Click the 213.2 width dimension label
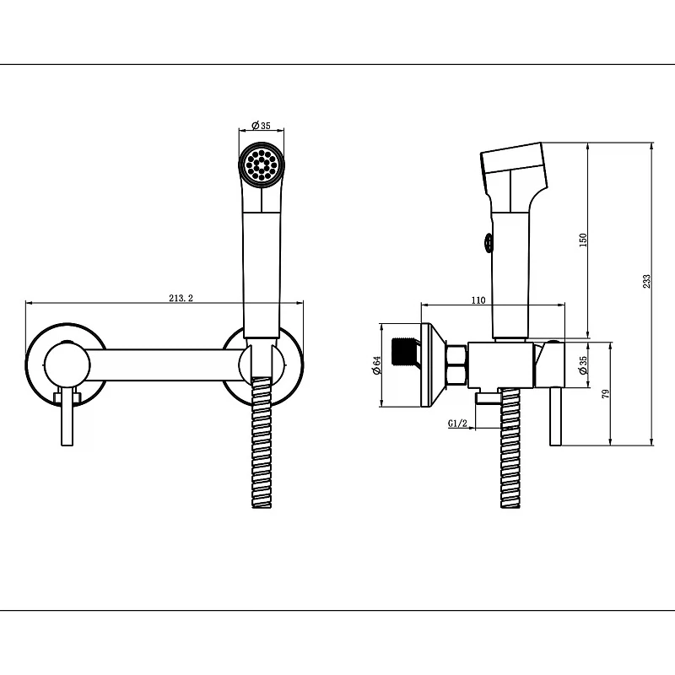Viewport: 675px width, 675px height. pyautogui.click(x=181, y=298)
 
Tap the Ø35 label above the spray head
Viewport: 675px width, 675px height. pyautogui.click(x=262, y=125)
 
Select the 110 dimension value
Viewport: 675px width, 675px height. pyautogui.click(x=478, y=300)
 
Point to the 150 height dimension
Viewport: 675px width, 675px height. pyautogui.click(x=583, y=240)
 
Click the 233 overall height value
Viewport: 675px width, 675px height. pyautogui.click(x=646, y=281)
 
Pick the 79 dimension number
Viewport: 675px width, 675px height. pyautogui.click(x=606, y=393)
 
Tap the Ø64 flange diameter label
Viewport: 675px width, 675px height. pyautogui.click(x=376, y=365)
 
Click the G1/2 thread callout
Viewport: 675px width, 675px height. pyautogui.click(x=457, y=424)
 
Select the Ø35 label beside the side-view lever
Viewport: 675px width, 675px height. pyautogui.click(x=583, y=364)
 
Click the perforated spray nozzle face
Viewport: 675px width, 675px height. pyautogui.click(x=262, y=165)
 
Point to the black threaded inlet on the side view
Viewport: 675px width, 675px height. pyautogui.click(x=404, y=353)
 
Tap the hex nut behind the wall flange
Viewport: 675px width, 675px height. pyautogui.click(x=457, y=364)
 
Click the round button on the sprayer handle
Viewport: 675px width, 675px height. pyautogui.click(x=489, y=243)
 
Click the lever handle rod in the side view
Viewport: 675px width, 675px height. pyautogui.click(x=555, y=416)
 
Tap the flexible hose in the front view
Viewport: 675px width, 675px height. pyautogui.click(x=262, y=443)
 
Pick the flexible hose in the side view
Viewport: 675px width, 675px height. pyautogui.click(x=510, y=448)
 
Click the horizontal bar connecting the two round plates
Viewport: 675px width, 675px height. pyautogui.click(x=165, y=365)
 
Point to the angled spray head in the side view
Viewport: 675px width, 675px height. pyautogui.click(x=514, y=172)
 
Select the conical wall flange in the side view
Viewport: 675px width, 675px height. pyautogui.click(x=434, y=365)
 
